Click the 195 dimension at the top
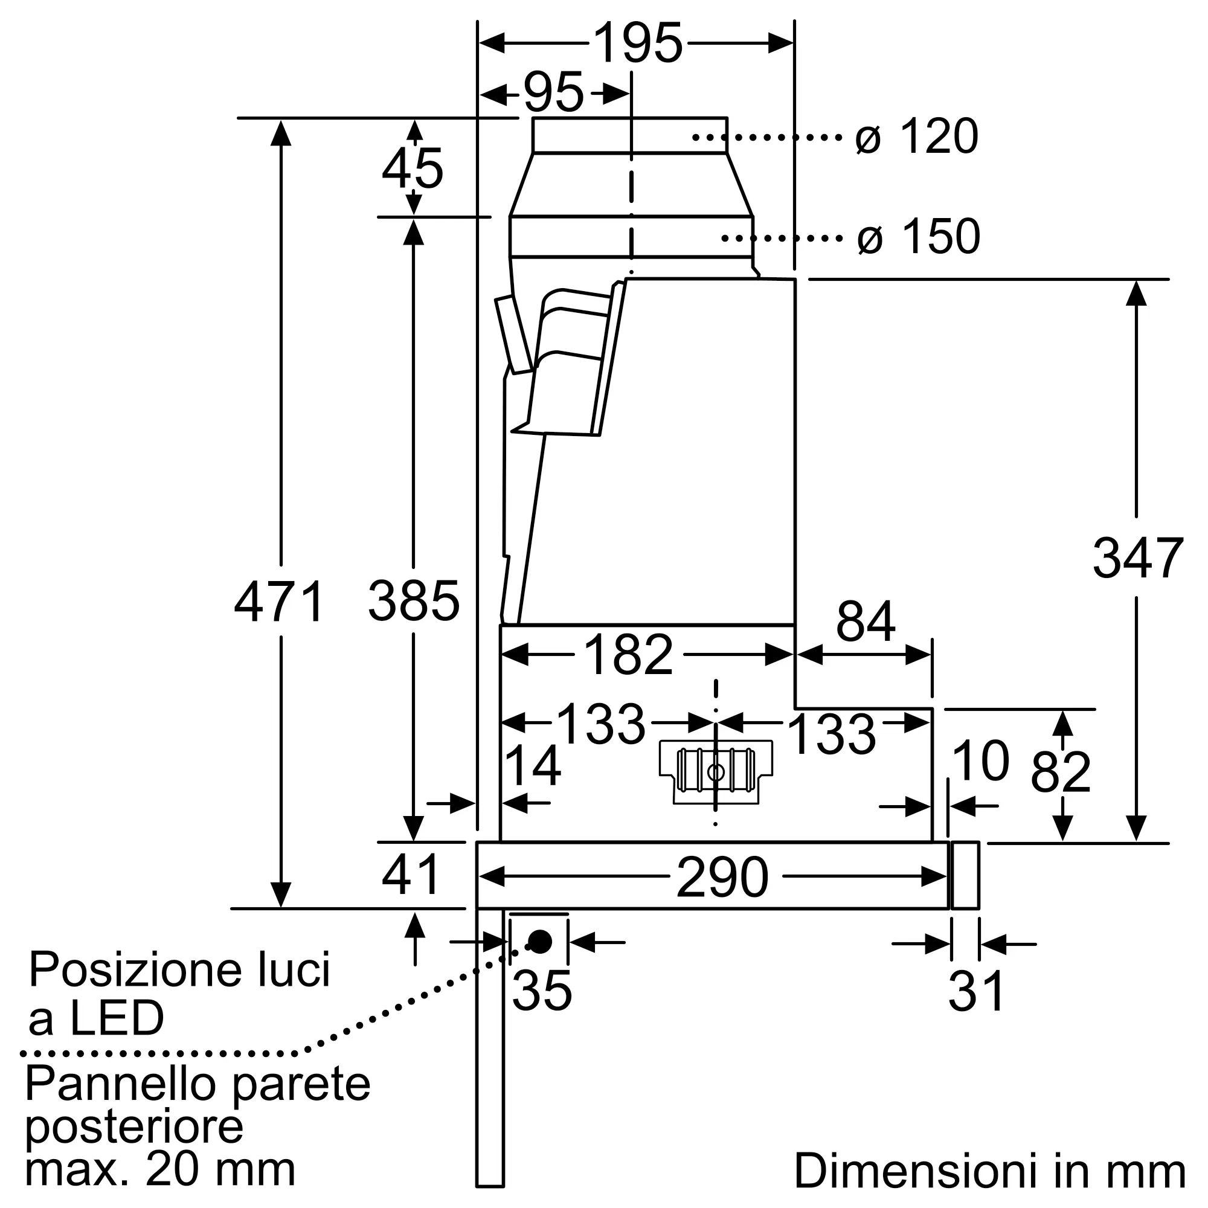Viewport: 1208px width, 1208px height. click(x=637, y=43)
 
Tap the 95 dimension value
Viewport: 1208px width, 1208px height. click(x=553, y=93)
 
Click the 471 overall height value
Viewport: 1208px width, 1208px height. click(x=280, y=601)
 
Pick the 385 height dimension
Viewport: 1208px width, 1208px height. click(x=413, y=601)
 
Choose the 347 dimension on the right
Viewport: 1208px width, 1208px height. click(x=1137, y=557)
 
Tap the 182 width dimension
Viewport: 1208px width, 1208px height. click(x=628, y=655)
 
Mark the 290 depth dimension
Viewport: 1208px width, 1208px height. click(x=722, y=877)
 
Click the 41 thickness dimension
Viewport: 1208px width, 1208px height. click(x=411, y=875)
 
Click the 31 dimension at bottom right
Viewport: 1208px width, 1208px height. click(x=976, y=991)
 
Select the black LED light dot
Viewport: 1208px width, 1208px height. click(x=539, y=941)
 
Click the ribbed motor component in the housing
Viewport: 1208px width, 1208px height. click(x=716, y=771)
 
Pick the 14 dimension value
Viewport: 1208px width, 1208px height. click(x=532, y=766)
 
